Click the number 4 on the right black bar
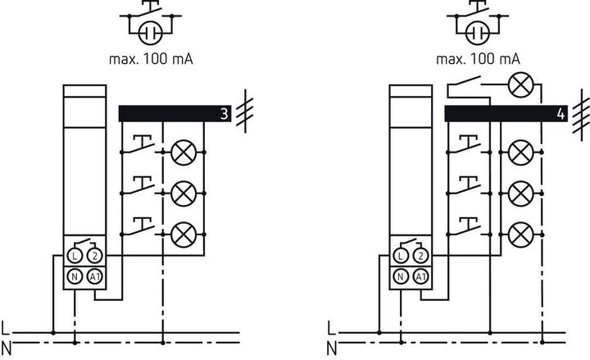560,114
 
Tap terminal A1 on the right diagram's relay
420,276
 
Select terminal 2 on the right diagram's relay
420,256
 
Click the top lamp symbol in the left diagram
183,151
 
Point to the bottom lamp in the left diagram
183,234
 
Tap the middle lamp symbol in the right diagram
519,194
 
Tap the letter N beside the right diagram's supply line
332,348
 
